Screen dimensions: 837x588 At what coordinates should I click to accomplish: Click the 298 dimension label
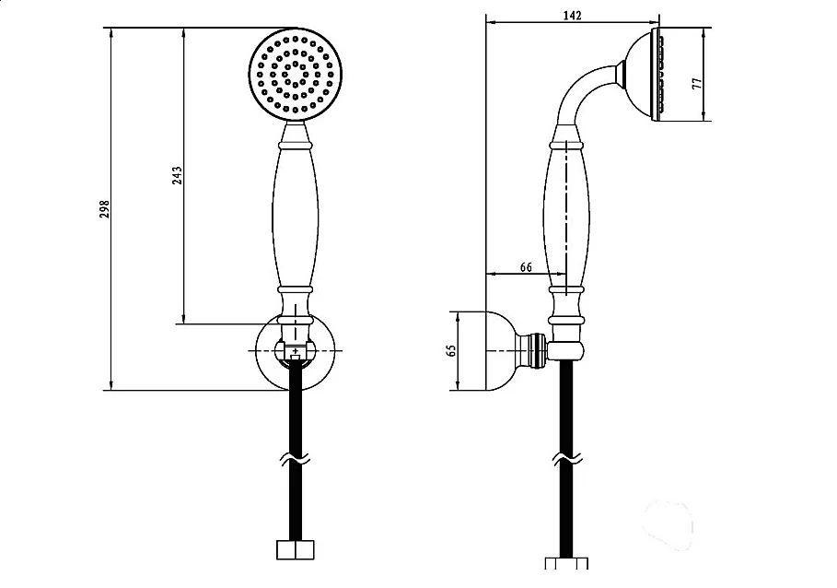[x=105, y=209]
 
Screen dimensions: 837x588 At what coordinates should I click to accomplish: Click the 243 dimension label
[x=177, y=175]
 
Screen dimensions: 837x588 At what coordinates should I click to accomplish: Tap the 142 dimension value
[x=572, y=16]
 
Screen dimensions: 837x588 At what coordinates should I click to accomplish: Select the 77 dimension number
[x=697, y=83]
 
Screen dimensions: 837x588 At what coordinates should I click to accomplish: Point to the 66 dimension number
[x=526, y=267]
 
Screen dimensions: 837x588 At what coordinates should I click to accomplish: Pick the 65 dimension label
[x=451, y=350]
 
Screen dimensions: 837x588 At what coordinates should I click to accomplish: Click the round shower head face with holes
[x=296, y=75]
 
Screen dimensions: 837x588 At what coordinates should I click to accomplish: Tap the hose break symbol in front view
[x=296, y=459]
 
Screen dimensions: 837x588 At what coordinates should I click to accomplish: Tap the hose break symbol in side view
[x=567, y=459]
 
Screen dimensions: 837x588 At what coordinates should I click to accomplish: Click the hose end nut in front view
[x=296, y=550]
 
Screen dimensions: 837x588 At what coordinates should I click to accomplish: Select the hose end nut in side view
[x=567, y=563]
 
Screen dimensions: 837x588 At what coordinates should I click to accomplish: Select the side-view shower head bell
[x=642, y=75]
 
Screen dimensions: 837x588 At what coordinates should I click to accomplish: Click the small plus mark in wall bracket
[x=296, y=351]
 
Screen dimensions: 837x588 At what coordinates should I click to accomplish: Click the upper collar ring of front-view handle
[x=296, y=144]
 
